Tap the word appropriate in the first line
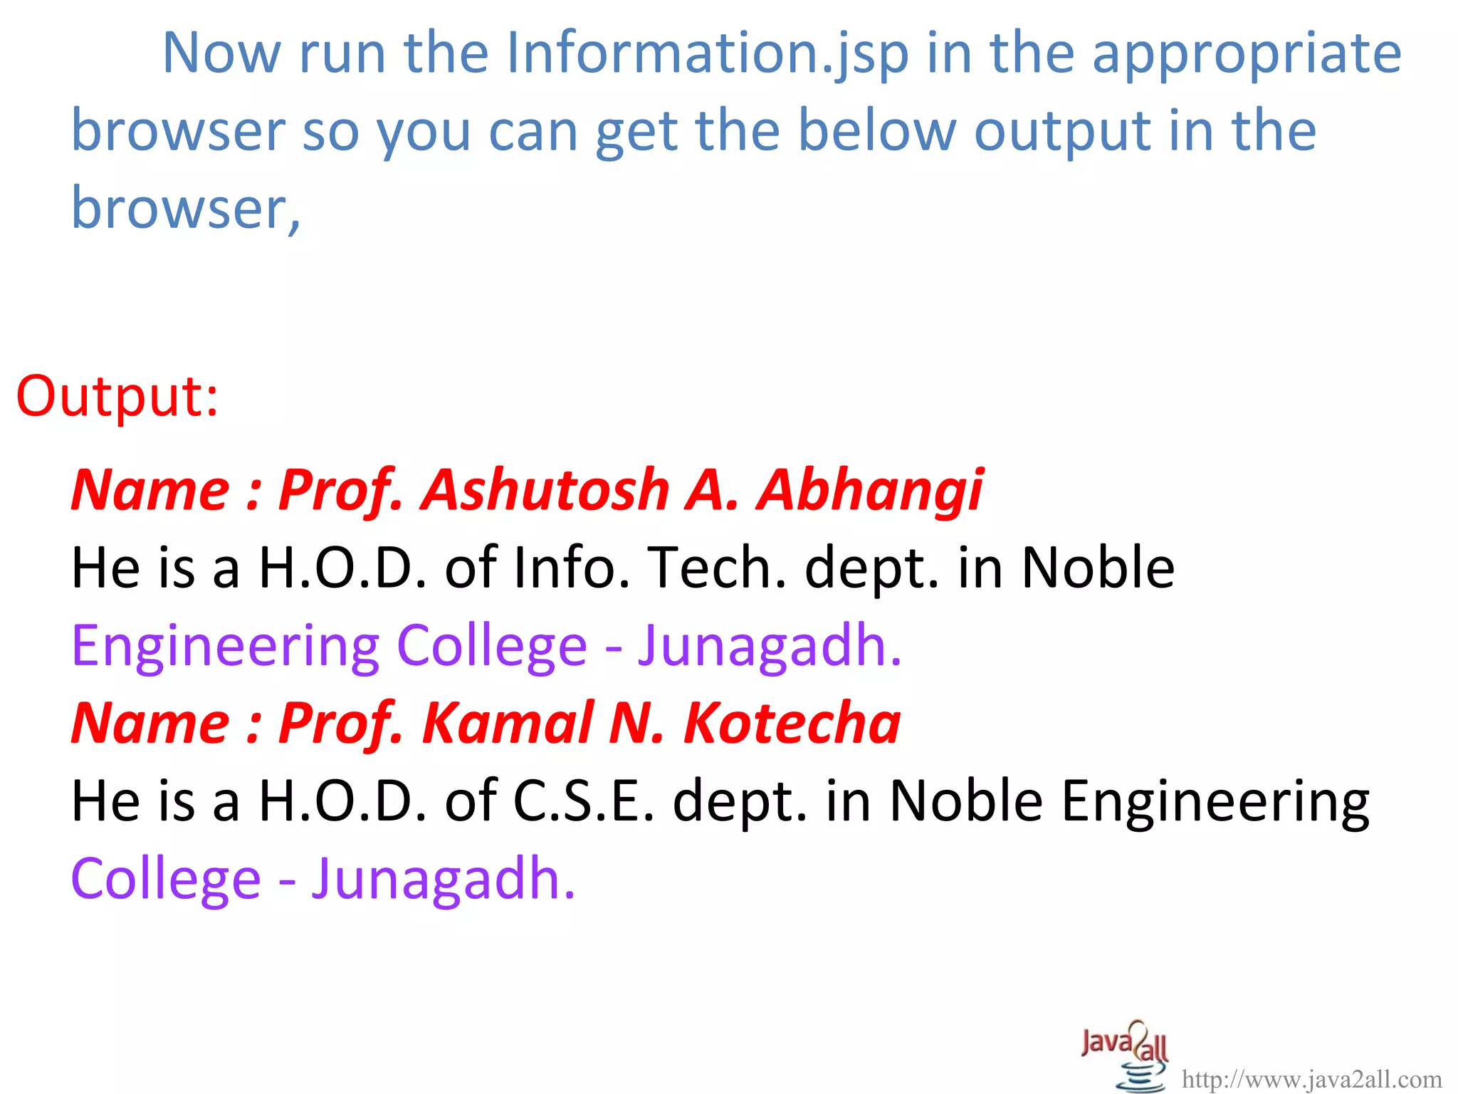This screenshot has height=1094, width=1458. point(1247,54)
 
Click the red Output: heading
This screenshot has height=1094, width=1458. point(117,396)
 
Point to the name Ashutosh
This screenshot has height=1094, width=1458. point(545,490)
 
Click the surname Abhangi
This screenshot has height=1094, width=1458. point(869,490)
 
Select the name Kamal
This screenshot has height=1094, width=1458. point(508,723)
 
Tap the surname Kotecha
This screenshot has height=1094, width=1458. point(792,723)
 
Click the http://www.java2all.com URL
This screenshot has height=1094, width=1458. point(1311,1080)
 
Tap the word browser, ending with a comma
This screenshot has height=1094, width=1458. point(186,208)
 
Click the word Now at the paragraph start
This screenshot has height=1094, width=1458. point(221,54)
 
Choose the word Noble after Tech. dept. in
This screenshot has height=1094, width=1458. point(1098,568)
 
